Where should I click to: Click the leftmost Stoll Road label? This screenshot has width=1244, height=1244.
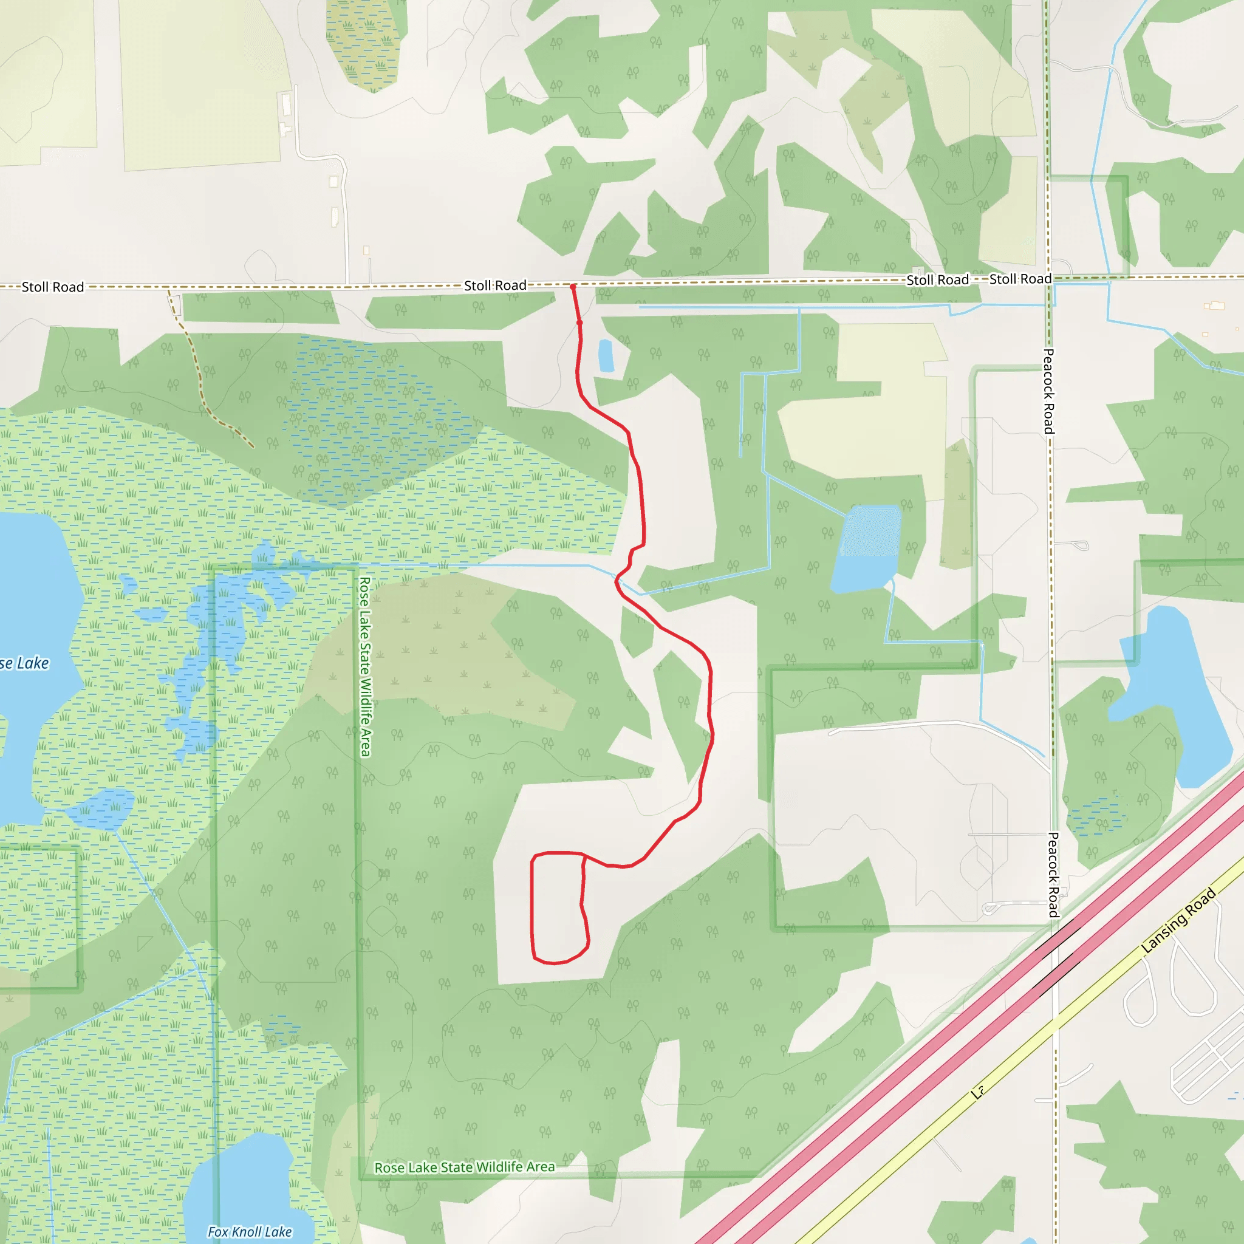pyautogui.click(x=53, y=287)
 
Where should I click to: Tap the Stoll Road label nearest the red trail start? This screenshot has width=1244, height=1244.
pyautogui.click(x=495, y=285)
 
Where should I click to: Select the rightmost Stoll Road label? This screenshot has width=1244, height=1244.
pyautogui.click(x=1020, y=279)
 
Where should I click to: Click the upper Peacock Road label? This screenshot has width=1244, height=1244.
pyautogui.click(x=1048, y=391)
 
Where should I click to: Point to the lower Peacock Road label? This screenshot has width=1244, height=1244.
pyautogui.click(x=1053, y=875)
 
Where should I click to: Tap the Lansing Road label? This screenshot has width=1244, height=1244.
pyautogui.click(x=1178, y=920)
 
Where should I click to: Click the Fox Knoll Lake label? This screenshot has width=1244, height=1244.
pyautogui.click(x=250, y=1232)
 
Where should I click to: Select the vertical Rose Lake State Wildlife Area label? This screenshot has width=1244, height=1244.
pyautogui.click(x=364, y=666)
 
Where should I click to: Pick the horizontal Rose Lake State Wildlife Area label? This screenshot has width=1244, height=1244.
pyautogui.click(x=464, y=1167)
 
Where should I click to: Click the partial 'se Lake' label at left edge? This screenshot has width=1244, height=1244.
pyautogui.click(x=24, y=663)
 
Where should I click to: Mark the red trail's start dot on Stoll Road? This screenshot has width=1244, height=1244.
pyautogui.click(x=572, y=287)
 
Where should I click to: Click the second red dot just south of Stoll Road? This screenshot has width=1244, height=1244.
pyautogui.click(x=579, y=323)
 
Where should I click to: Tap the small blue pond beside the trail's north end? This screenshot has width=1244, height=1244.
pyautogui.click(x=605, y=355)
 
